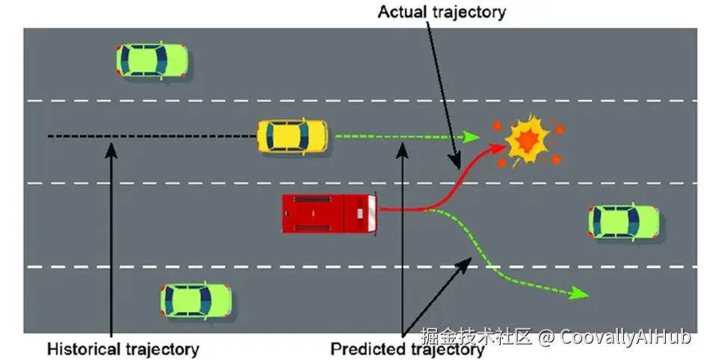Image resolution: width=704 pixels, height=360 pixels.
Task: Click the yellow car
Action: point(292,137)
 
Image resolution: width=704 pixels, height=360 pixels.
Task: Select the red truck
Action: point(330,213)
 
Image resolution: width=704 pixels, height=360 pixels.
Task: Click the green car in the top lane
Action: point(152,60)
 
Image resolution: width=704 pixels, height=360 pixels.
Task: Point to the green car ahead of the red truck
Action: point(625,221)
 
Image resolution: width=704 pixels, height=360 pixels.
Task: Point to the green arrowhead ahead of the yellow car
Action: point(471,137)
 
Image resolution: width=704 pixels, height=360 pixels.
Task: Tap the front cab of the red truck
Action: point(367,213)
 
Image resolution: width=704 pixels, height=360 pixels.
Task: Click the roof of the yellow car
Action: point(288,137)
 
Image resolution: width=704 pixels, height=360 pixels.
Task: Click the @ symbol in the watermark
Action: point(546,338)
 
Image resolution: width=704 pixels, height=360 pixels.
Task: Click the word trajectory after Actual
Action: point(469,12)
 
